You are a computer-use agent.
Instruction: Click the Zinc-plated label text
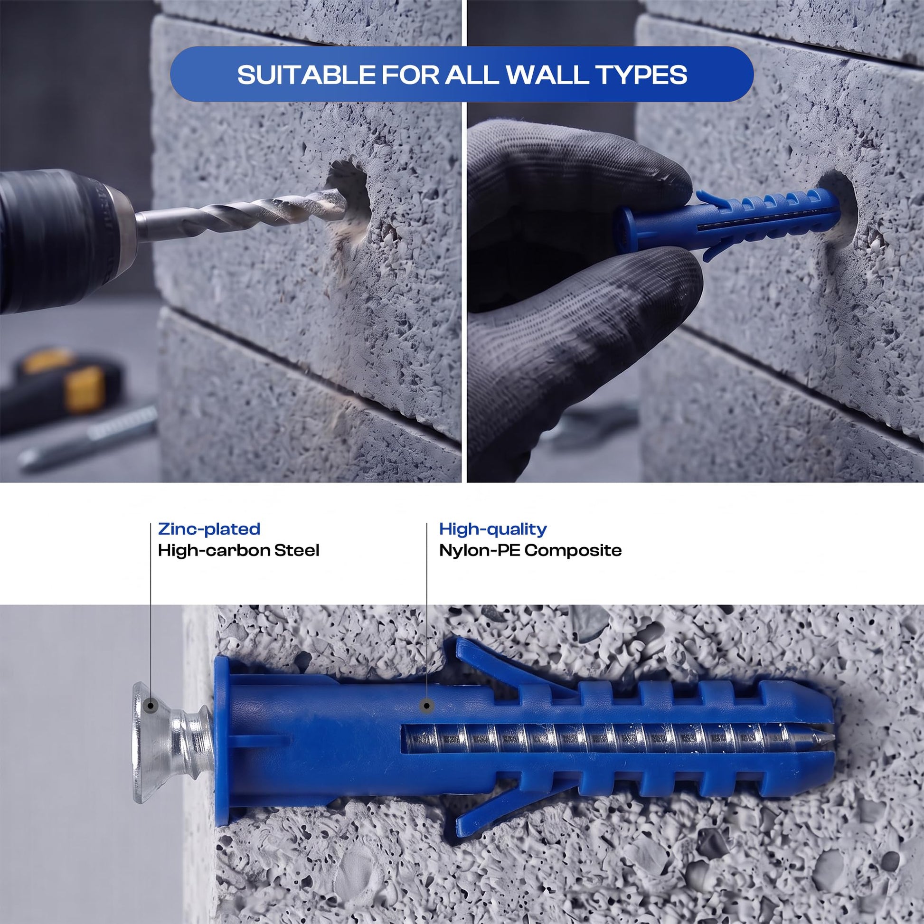(x=209, y=529)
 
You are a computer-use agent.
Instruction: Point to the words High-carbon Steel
(x=239, y=550)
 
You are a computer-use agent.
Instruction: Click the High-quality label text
(x=493, y=529)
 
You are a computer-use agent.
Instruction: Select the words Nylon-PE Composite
(x=530, y=550)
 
